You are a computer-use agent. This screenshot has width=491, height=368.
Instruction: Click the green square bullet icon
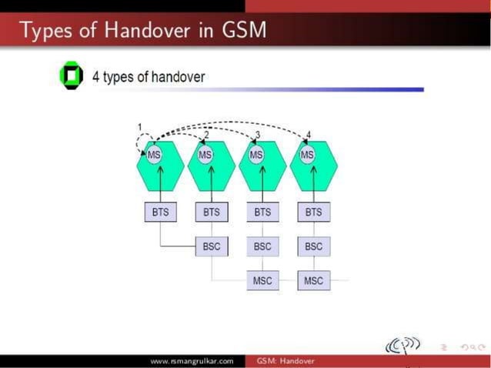[x=71, y=77]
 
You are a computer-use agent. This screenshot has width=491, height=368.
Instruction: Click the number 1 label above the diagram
[x=140, y=127]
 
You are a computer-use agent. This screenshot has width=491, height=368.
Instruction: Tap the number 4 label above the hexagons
[x=309, y=135]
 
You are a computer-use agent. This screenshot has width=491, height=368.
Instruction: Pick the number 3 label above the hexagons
[x=258, y=135]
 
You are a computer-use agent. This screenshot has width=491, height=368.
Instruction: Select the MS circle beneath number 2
[x=205, y=155]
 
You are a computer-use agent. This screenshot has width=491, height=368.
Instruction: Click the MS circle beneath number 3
[x=256, y=155]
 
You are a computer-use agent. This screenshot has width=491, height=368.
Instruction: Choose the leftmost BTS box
[x=160, y=212]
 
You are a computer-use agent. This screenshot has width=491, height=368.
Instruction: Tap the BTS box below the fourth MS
[x=313, y=212]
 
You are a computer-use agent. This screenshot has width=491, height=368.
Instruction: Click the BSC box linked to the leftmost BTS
[x=212, y=246]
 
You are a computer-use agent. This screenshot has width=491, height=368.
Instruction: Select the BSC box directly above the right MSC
[x=313, y=246]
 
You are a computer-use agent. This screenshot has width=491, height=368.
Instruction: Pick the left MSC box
[x=262, y=280]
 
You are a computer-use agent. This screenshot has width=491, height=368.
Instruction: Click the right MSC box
[x=313, y=280]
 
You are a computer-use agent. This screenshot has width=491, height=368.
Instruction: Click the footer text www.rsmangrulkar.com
[x=192, y=361]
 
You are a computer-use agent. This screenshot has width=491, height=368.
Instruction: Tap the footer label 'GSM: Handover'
[x=286, y=361]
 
